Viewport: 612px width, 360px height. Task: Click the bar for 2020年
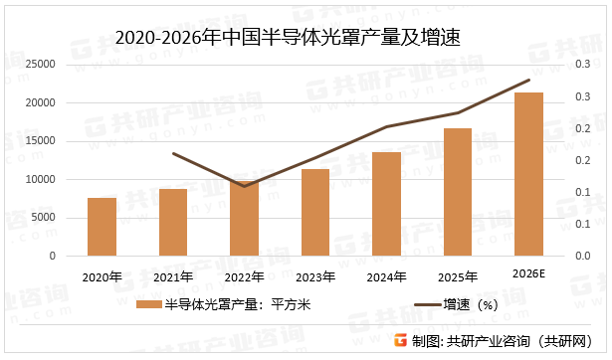coord(102,227)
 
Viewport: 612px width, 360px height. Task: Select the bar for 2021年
coord(173,222)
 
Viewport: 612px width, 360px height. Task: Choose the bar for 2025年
coord(458,192)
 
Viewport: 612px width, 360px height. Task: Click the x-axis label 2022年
coord(244,276)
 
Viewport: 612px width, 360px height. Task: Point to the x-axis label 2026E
coord(528,274)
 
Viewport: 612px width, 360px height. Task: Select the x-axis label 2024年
coord(386,276)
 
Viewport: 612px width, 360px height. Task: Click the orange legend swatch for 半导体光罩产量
coord(148,306)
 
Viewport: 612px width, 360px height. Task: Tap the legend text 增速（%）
coord(472,306)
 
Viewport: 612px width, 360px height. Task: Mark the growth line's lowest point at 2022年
coord(244,186)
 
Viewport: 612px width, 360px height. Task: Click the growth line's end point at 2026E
coord(528,81)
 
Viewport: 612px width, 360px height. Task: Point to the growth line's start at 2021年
coord(173,153)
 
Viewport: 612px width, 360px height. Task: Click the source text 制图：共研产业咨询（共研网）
coord(503,341)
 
